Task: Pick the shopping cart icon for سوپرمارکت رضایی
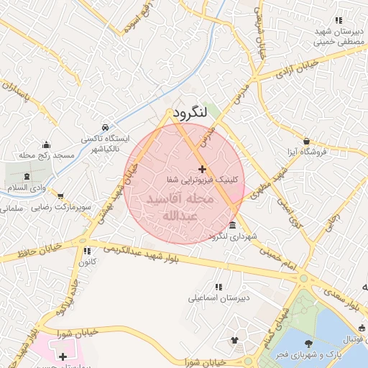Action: click(61, 195)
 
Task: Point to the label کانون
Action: click(87, 262)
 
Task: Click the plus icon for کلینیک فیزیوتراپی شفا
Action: click(201, 168)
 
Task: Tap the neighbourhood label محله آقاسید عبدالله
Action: click(180, 206)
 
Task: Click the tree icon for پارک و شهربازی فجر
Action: click(309, 344)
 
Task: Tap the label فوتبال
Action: click(355, 339)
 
